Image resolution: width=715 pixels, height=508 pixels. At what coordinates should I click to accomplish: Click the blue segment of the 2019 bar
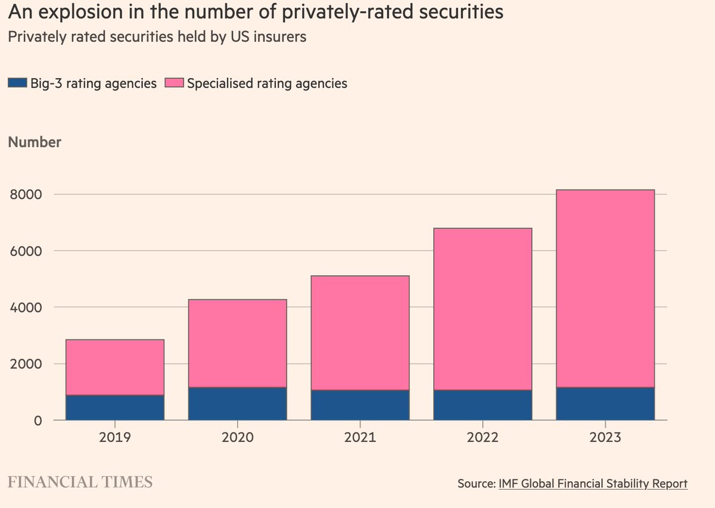(115, 407)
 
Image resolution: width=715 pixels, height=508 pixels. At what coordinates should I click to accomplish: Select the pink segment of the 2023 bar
(605, 289)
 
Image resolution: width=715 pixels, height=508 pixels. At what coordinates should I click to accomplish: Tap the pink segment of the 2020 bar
(238, 344)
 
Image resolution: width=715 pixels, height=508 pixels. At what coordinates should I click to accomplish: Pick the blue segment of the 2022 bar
(483, 405)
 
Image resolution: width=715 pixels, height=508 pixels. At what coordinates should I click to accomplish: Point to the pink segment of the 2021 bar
(360, 333)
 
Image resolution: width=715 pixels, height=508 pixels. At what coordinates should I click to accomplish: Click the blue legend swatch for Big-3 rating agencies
(17, 83)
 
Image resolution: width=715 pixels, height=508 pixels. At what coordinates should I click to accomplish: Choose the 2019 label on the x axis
(115, 437)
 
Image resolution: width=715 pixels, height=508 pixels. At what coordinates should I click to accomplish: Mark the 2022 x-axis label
(483, 437)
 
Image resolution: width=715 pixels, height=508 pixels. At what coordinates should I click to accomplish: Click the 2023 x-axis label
(605, 437)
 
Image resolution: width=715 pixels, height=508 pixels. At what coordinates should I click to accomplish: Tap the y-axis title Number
(34, 142)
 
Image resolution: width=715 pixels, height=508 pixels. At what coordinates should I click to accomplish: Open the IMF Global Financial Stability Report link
(593, 484)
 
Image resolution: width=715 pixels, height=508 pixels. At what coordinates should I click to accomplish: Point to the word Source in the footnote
(475, 484)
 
